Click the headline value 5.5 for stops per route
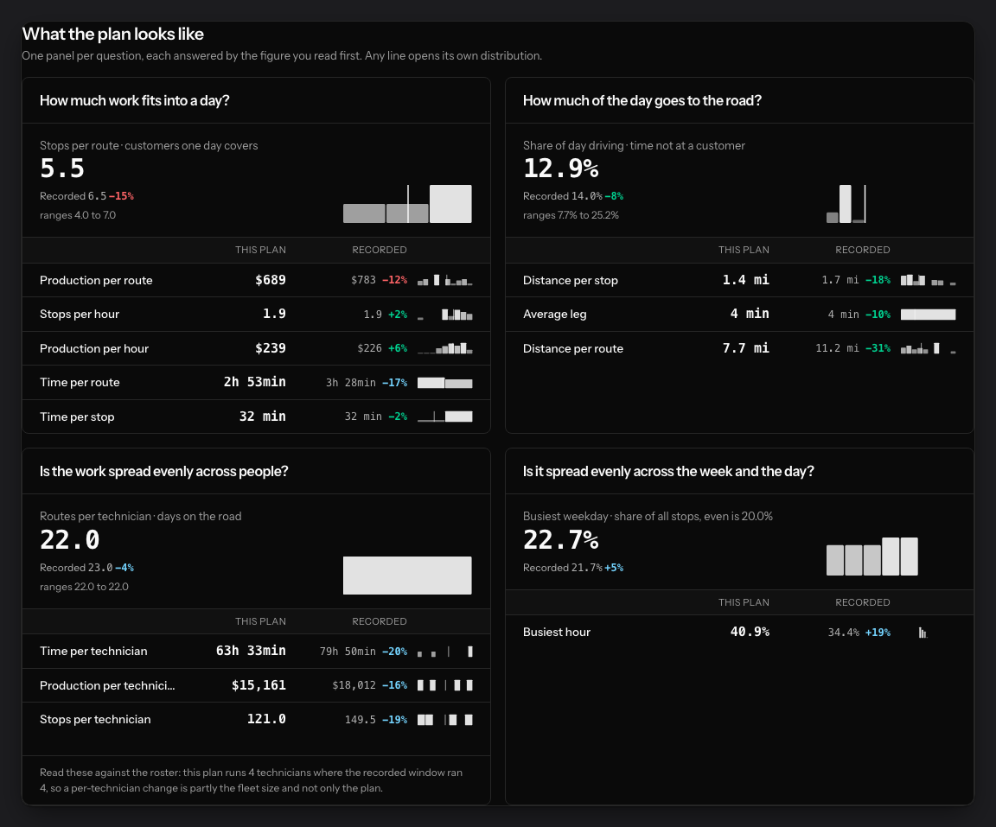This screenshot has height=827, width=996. (x=62, y=169)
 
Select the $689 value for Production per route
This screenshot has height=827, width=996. (x=271, y=280)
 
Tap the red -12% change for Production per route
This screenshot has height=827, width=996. (x=394, y=280)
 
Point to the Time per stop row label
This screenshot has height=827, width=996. (x=77, y=417)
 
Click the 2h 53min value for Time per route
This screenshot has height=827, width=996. (x=255, y=382)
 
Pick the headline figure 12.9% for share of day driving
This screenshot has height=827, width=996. (x=561, y=169)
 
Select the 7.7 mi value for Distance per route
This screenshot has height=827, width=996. (x=746, y=347)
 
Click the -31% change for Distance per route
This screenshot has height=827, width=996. (x=878, y=347)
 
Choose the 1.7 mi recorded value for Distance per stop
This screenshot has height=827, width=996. (x=840, y=280)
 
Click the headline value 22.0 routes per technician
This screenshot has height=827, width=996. (x=70, y=540)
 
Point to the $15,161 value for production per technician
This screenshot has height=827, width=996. (x=259, y=685)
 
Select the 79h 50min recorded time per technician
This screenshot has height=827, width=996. (x=348, y=652)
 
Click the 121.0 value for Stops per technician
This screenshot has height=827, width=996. (x=266, y=719)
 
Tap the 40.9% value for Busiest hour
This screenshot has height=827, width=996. (x=750, y=632)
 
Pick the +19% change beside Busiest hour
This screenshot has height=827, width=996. (x=878, y=633)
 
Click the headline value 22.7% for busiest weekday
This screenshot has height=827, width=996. (x=561, y=540)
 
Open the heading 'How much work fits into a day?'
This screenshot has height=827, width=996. (x=135, y=100)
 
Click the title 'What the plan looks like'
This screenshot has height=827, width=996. (x=113, y=34)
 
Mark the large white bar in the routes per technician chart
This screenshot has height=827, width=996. (x=407, y=576)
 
